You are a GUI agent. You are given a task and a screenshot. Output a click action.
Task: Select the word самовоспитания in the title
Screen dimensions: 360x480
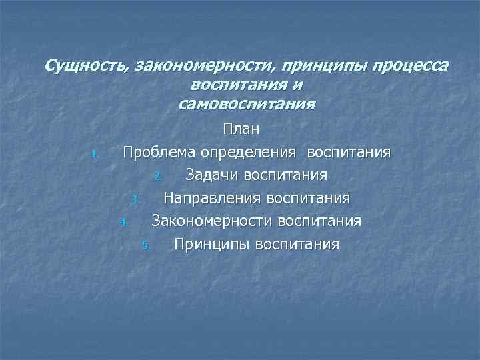tap(247, 104)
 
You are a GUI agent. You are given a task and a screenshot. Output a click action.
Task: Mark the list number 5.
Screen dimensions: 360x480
tap(146, 245)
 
